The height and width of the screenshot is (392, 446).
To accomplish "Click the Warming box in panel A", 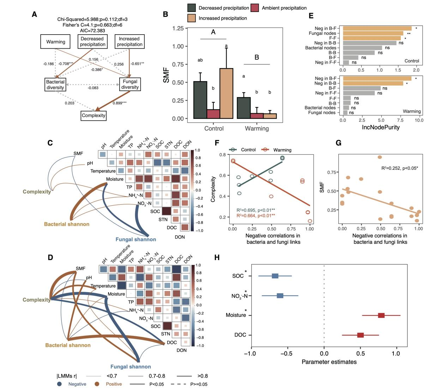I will click(56, 42).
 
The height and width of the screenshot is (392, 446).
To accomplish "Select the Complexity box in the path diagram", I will click(94, 115).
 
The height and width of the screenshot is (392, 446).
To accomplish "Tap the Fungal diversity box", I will click(130, 84).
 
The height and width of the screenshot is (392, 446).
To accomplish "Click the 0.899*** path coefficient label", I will click(120, 103).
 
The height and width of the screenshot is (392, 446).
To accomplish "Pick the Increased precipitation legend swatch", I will click(192, 18).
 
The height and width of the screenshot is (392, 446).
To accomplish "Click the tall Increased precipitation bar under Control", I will click(226, 94).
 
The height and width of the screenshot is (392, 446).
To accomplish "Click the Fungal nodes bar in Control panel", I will click(373, 33).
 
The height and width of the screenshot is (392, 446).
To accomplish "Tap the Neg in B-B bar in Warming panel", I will click(373, 83).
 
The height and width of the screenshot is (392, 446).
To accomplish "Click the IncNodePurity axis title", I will click(381, 127).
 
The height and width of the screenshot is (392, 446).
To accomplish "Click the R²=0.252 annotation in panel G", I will click(399, 168).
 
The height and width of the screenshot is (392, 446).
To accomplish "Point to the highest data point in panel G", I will click(380, 157).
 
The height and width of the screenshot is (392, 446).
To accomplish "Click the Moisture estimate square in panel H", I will click(381, 315).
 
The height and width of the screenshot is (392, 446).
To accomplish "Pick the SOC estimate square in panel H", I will click(275, 276).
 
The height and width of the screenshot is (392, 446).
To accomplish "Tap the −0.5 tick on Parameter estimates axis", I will click(287, 354).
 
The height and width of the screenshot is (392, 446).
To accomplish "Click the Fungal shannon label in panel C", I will click(136, 239).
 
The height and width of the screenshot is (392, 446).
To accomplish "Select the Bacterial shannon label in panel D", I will click(68, 345).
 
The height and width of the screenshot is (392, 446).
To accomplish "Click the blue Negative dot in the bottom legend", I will click(60, 384).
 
